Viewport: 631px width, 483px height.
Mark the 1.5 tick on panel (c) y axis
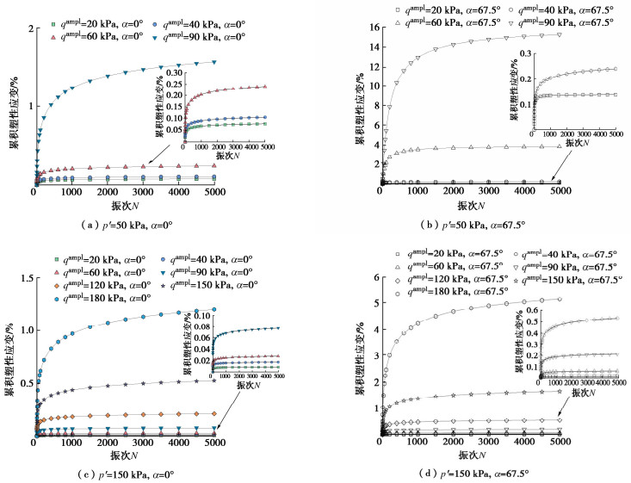pos(19,278)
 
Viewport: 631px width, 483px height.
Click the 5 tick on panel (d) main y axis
pos(373,302)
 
